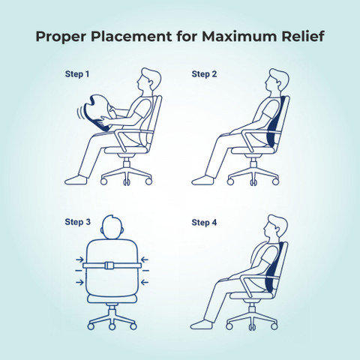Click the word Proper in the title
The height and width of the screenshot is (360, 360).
(x=61, y=37)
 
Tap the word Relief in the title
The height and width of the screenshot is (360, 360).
(x=303, y=36)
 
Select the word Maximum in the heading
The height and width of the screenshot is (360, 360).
(x=239, y=36)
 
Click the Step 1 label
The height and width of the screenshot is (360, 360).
(x=77, y=74)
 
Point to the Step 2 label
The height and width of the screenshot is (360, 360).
(x=204, y=74)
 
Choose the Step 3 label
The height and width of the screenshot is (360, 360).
(x=77, y=222)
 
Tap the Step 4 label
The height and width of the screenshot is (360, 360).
(x=204, y=222)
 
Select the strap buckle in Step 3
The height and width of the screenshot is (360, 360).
(x=109, y=265)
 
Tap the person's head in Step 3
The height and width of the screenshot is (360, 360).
(x=112, y=227)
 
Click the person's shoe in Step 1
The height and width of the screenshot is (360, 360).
(x=76, y=180)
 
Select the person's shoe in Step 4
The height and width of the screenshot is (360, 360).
(x=202, y=325)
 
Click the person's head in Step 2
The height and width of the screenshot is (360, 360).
(x=276, y=80)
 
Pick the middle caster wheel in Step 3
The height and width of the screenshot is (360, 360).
(x=112, y=326)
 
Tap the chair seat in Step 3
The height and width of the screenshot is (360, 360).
(x=112, y=298)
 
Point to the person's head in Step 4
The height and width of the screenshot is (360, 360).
(x=275, y=226)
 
